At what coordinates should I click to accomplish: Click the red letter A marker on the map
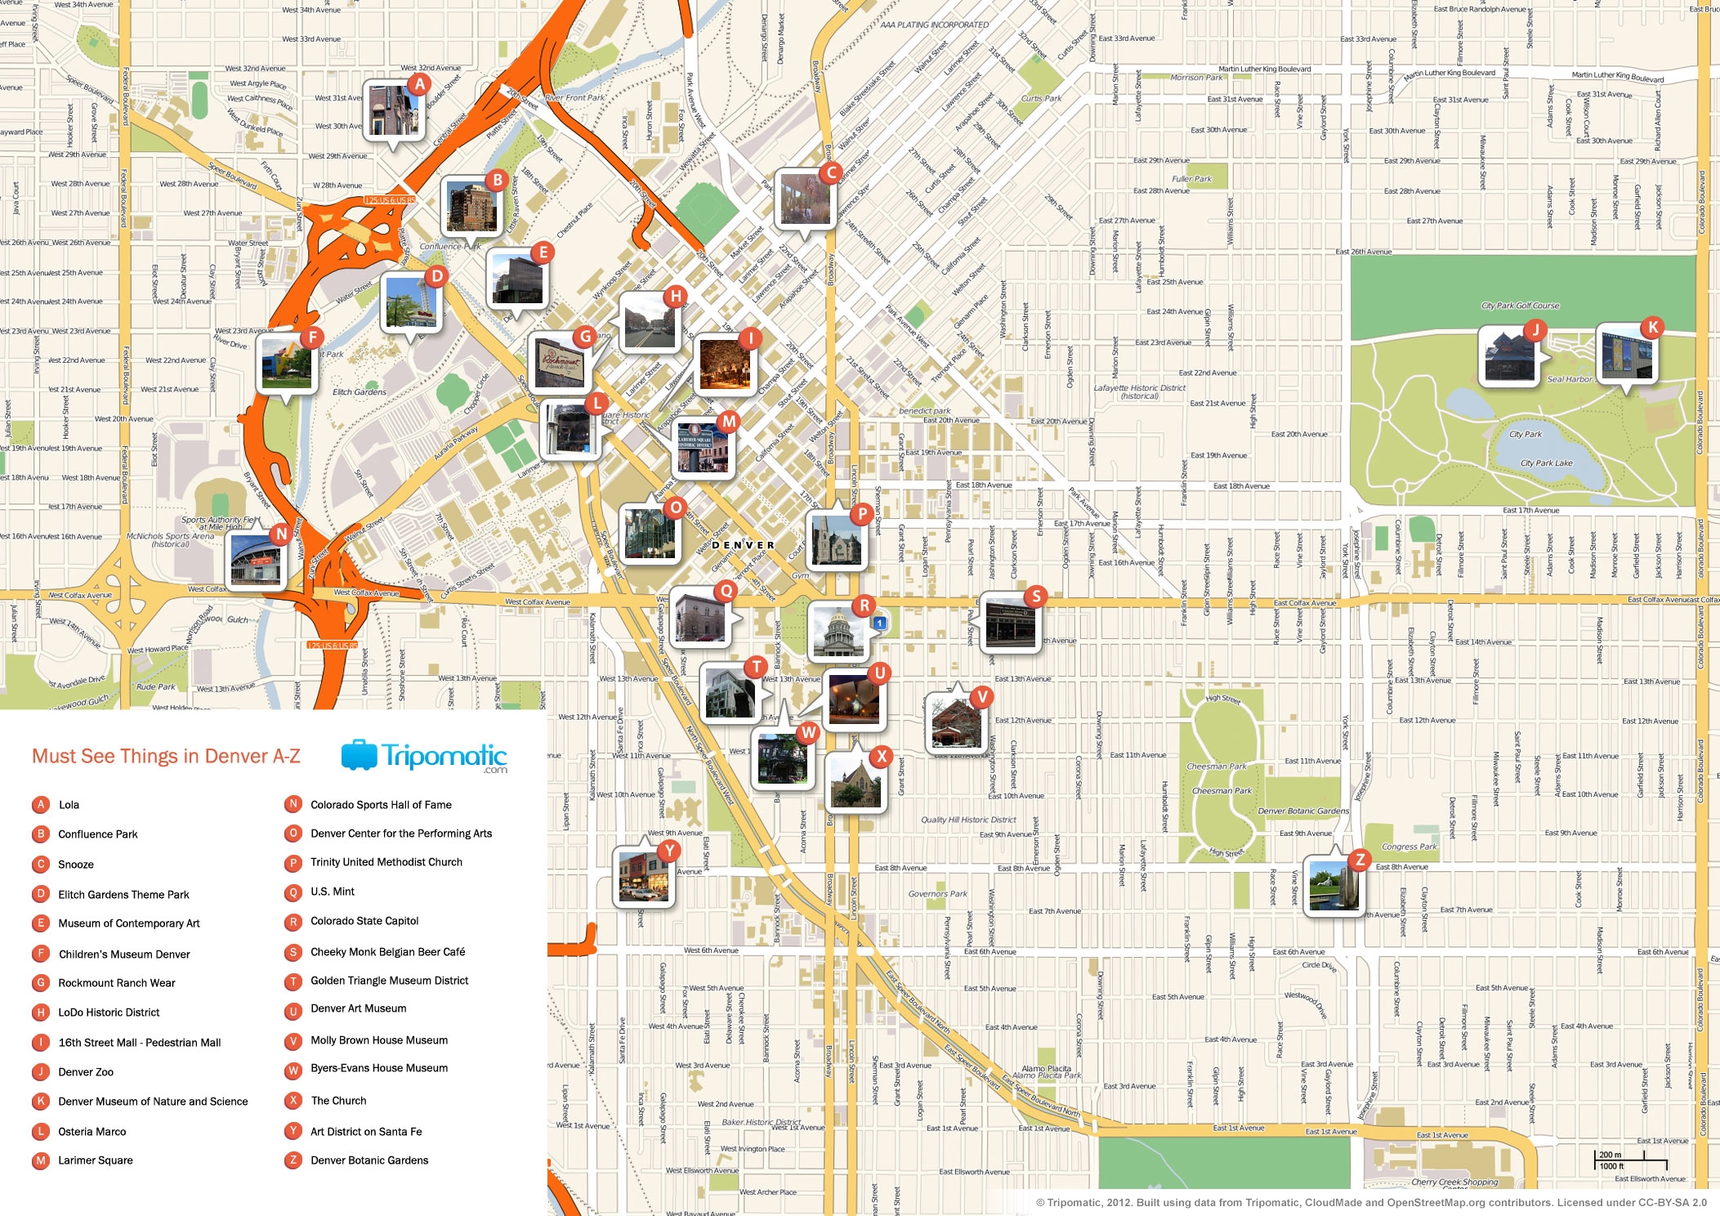click(x=419, y=84)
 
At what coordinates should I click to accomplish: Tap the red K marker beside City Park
click(x=1652, y=328)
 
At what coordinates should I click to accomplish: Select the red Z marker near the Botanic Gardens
click(x=1360, y=860)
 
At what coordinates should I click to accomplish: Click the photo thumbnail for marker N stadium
click(x=257, y=562)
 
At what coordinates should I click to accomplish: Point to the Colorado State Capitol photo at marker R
click(x=837, y=632)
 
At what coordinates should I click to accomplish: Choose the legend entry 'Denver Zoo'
click(x=86, y=1072)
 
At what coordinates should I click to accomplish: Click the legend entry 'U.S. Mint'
click(x=333, y=892)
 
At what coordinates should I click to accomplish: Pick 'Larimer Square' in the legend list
click(x=95, y=1160)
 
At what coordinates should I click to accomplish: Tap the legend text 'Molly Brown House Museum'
click(x=379, y=1040)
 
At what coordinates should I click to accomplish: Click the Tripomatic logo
click(x=424, y=757)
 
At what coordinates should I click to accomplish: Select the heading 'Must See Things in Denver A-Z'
click(x=166, y=757)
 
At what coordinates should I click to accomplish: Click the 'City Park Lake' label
click(x=1546, y=463)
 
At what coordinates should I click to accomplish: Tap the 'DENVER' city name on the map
click(x=743, y=545)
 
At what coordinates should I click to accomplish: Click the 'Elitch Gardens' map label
click(x=360, y=392)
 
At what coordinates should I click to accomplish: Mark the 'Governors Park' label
click(x=937, y=894)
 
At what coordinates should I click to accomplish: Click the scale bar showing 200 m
click(x=1630, y=1160)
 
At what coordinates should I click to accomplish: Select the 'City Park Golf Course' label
click(x=1520, y=306)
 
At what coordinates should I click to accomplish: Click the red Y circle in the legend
click(x=293, y=1132)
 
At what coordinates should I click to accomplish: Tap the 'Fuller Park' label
click(x=1191, y=179)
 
